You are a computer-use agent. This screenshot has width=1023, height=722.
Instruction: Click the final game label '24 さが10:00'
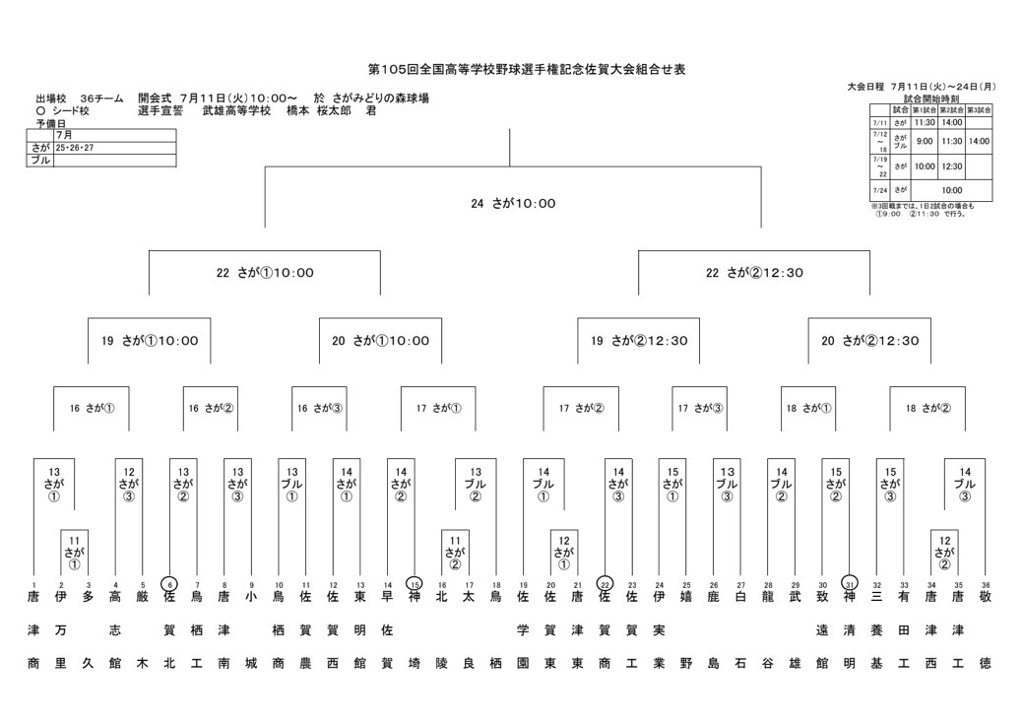(x=513, y=204)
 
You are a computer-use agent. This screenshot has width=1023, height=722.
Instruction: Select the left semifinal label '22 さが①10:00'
(x=265, y=273)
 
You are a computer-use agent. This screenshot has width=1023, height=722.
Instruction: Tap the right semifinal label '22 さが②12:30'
(x=754, y=273)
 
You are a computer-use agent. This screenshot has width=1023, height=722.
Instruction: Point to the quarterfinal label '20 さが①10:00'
(x=380, y=341)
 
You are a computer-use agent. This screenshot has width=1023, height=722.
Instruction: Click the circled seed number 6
(x=169, y=583)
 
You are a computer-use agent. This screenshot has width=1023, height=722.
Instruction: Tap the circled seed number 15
(x=415, y=583)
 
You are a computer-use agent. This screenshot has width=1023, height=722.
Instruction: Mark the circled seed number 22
(x=605, y=583)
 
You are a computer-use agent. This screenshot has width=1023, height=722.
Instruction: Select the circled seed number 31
(x=850, y=583)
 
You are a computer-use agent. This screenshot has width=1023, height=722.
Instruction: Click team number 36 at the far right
(x=986, y=584)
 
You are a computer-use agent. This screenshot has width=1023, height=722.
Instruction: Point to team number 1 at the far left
(x=33, y=584)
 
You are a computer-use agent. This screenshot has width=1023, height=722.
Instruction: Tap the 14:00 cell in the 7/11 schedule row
(x=951, y=122)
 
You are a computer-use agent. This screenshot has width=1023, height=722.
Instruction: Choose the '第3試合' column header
(x=979, y=109)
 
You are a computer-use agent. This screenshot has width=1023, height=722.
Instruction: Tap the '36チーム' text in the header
(x=101, y=98)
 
